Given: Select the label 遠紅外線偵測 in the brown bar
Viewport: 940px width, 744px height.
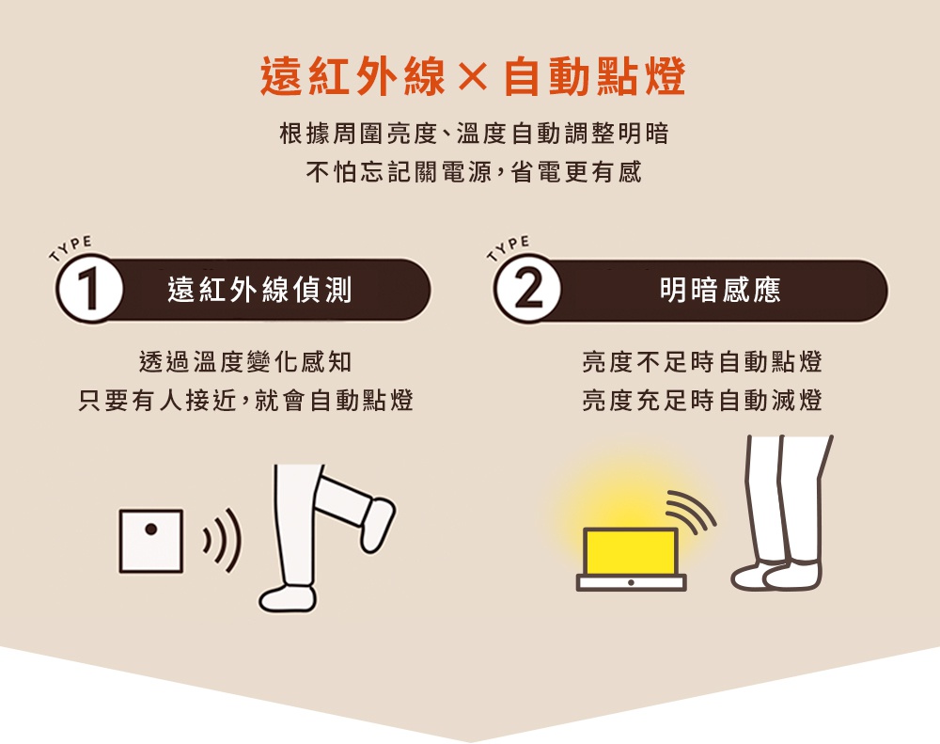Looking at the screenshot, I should [259, 291].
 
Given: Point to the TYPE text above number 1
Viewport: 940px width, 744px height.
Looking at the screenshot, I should [71, 246].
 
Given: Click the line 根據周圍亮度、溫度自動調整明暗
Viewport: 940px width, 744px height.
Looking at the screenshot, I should [474, 135].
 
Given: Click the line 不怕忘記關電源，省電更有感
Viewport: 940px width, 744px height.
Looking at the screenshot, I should [474, 173].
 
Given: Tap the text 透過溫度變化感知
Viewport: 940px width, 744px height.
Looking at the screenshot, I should [246, 362].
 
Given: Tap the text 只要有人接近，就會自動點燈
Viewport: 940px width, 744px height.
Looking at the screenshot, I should [246, 402].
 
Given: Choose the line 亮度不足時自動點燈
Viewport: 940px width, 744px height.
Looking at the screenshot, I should [702, 362].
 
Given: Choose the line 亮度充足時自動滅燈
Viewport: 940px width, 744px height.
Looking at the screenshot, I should [702, 402].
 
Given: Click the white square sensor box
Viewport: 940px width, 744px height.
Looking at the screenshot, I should [150, 541].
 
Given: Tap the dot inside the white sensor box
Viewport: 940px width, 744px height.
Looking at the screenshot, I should [150, 529].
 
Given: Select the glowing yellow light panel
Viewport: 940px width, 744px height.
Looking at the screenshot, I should [630, 552].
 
